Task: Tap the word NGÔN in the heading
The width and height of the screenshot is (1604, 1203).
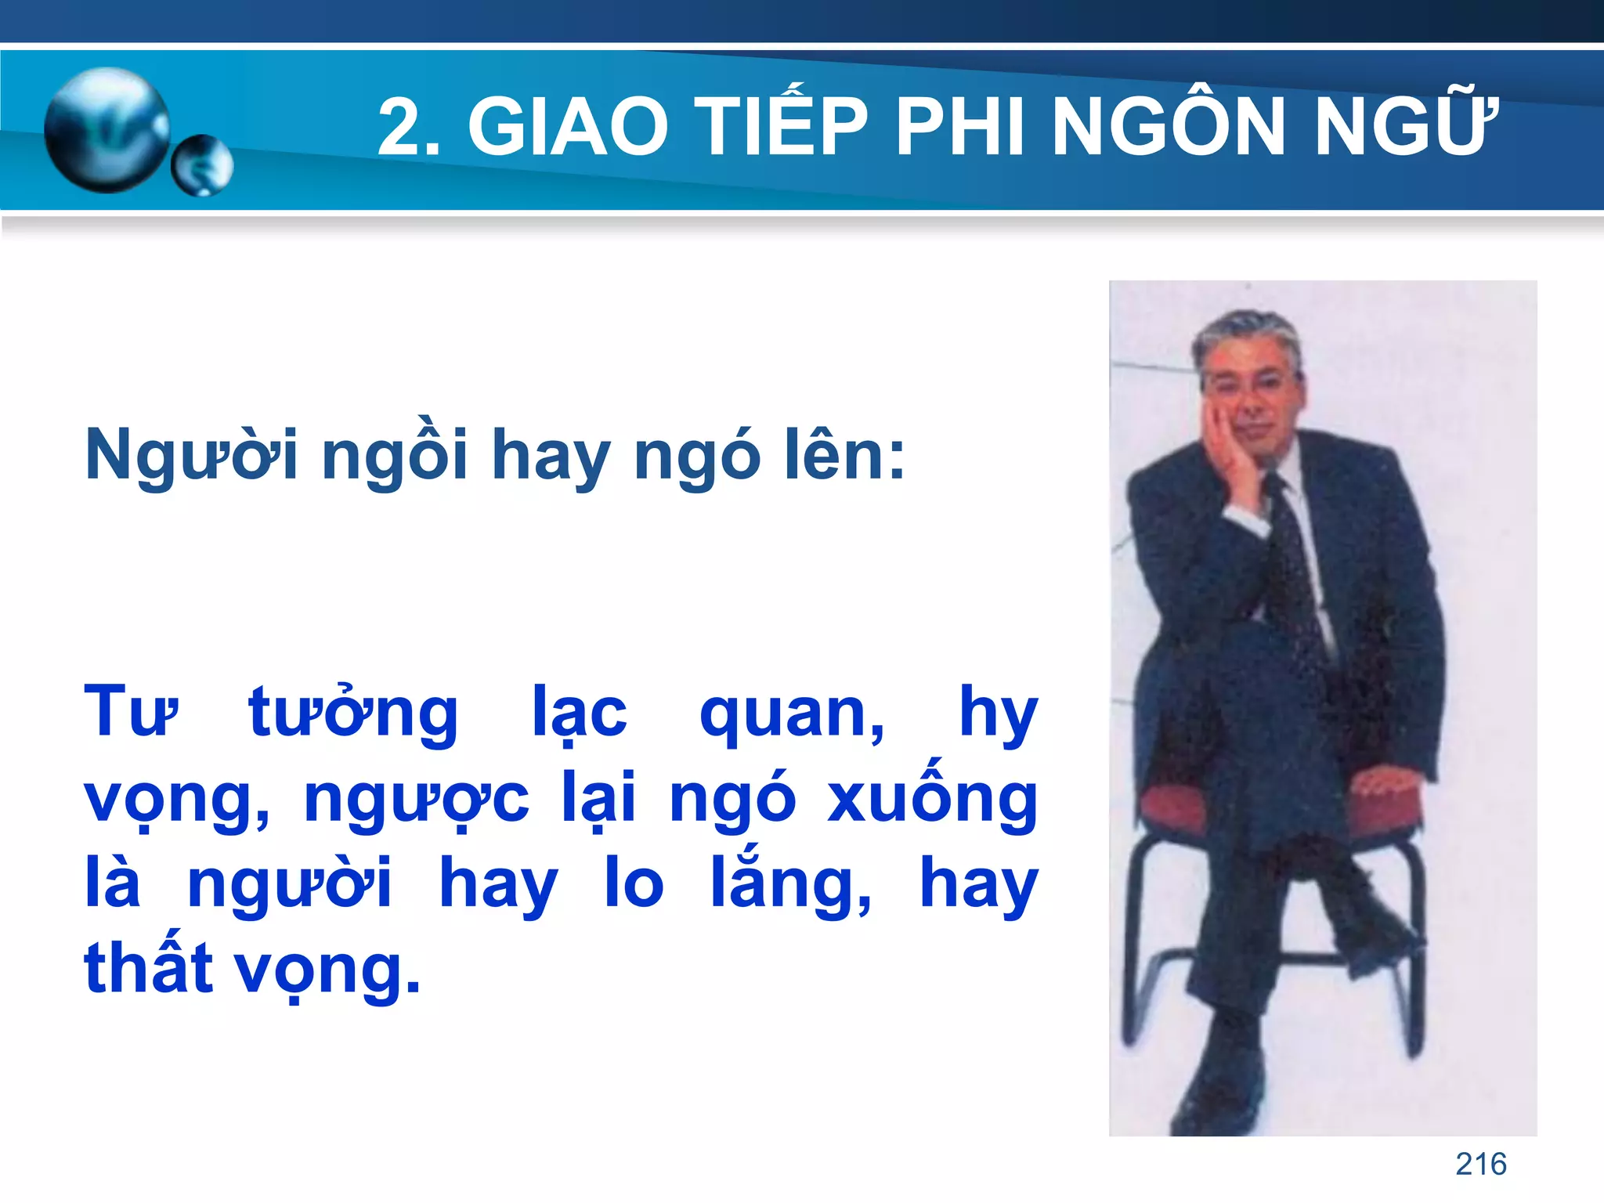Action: click(1170, 125)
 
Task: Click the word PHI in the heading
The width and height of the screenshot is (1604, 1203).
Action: click(959, 125)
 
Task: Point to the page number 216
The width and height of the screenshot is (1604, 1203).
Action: click(1480, 1164)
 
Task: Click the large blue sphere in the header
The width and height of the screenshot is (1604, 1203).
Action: click(107, 129)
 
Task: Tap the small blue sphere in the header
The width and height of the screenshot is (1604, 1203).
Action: click(202, 165)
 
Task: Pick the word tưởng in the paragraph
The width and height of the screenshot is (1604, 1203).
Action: click(353, 713)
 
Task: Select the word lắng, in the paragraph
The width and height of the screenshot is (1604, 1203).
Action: click(790, 883)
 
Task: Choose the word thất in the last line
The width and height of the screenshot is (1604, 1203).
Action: click(149, 966)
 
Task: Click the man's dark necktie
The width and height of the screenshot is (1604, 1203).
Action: click(1293, 564)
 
